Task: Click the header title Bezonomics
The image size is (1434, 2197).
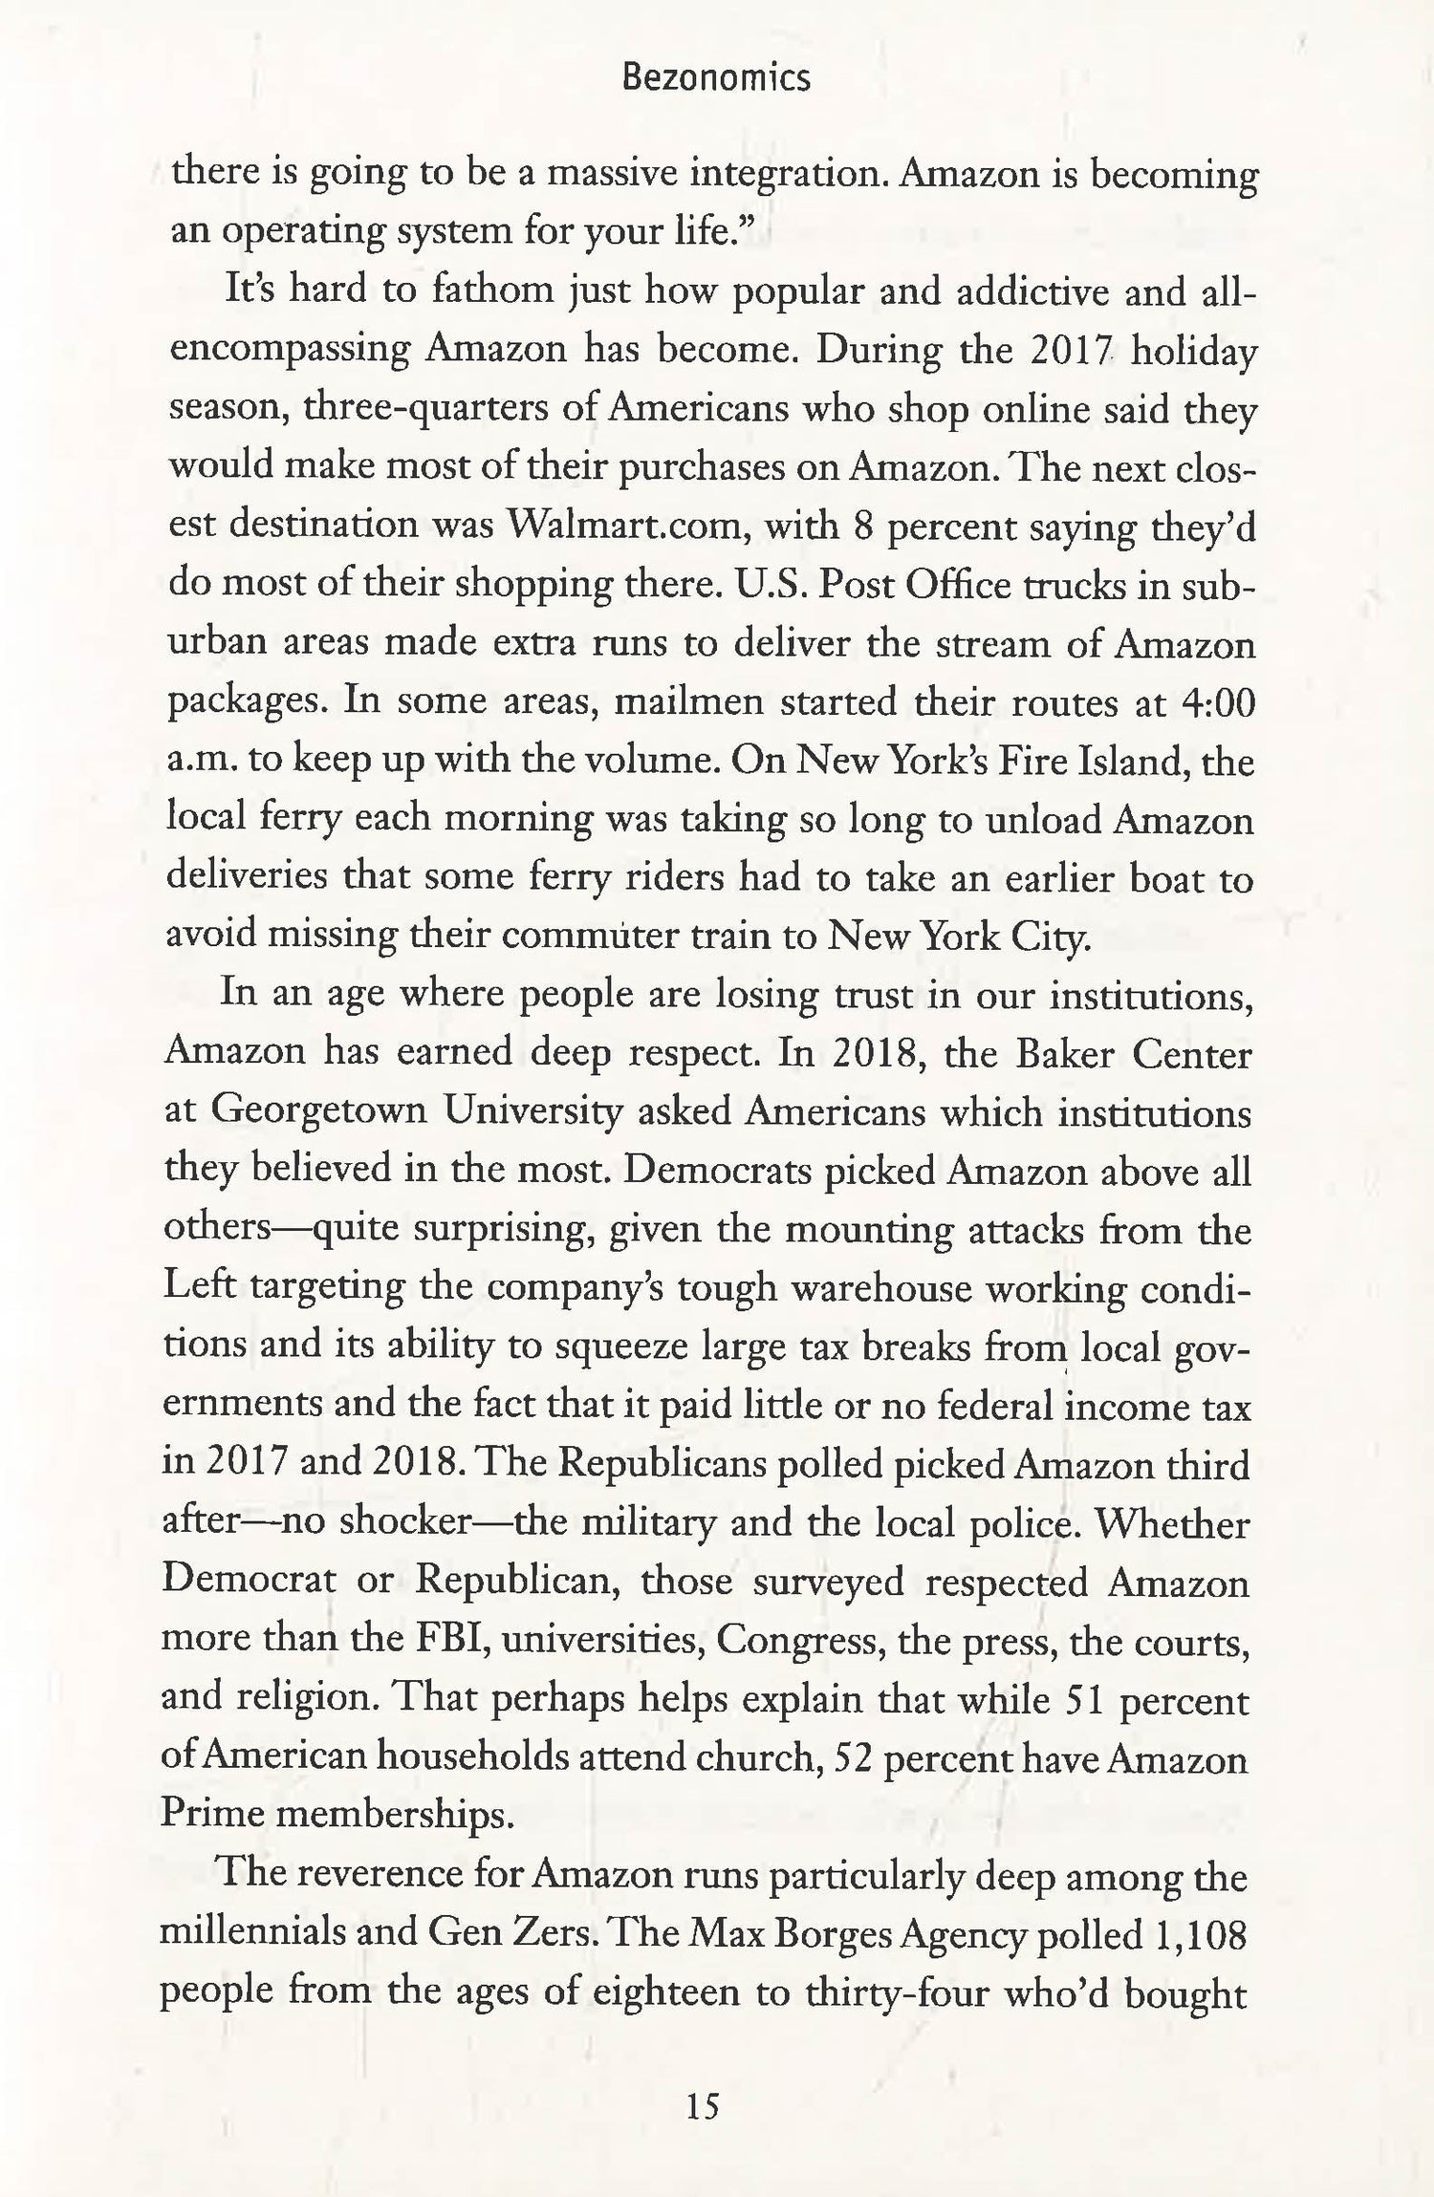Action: tap(715, 77)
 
